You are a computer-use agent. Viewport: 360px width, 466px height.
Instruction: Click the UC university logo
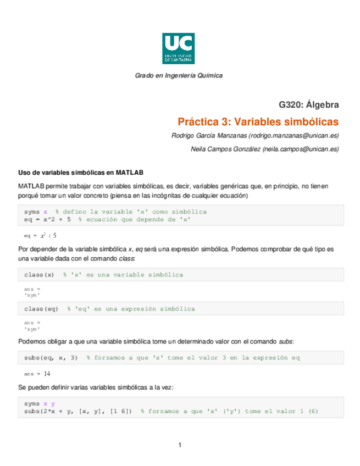pos(179,48)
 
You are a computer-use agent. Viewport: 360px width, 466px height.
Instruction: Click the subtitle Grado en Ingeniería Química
pos(179,75)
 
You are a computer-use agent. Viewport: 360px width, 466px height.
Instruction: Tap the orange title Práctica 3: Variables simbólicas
pos(258,121)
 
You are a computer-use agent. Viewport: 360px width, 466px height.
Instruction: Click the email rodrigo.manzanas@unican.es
pos(293,135)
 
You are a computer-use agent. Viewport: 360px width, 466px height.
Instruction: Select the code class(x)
pos(39,274)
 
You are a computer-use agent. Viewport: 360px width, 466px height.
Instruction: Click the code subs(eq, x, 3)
pos(51,358)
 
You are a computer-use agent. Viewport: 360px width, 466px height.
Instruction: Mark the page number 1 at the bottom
pos(179,445)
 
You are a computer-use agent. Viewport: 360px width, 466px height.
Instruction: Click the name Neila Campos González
pos(225,149)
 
